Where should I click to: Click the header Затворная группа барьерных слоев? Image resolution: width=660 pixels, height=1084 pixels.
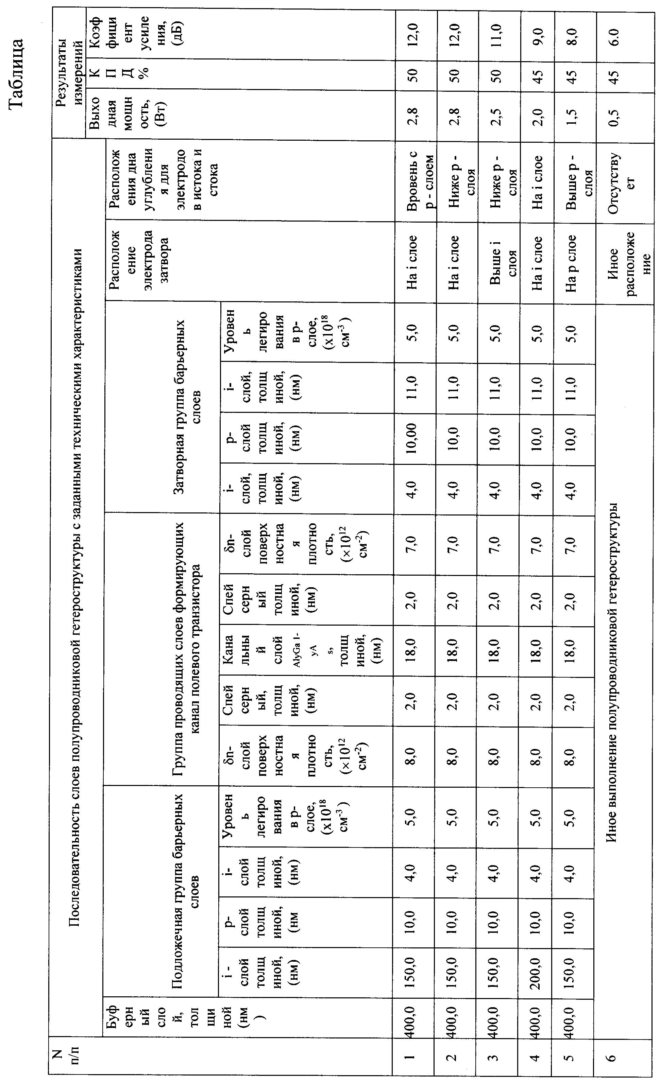pos(187,407)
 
